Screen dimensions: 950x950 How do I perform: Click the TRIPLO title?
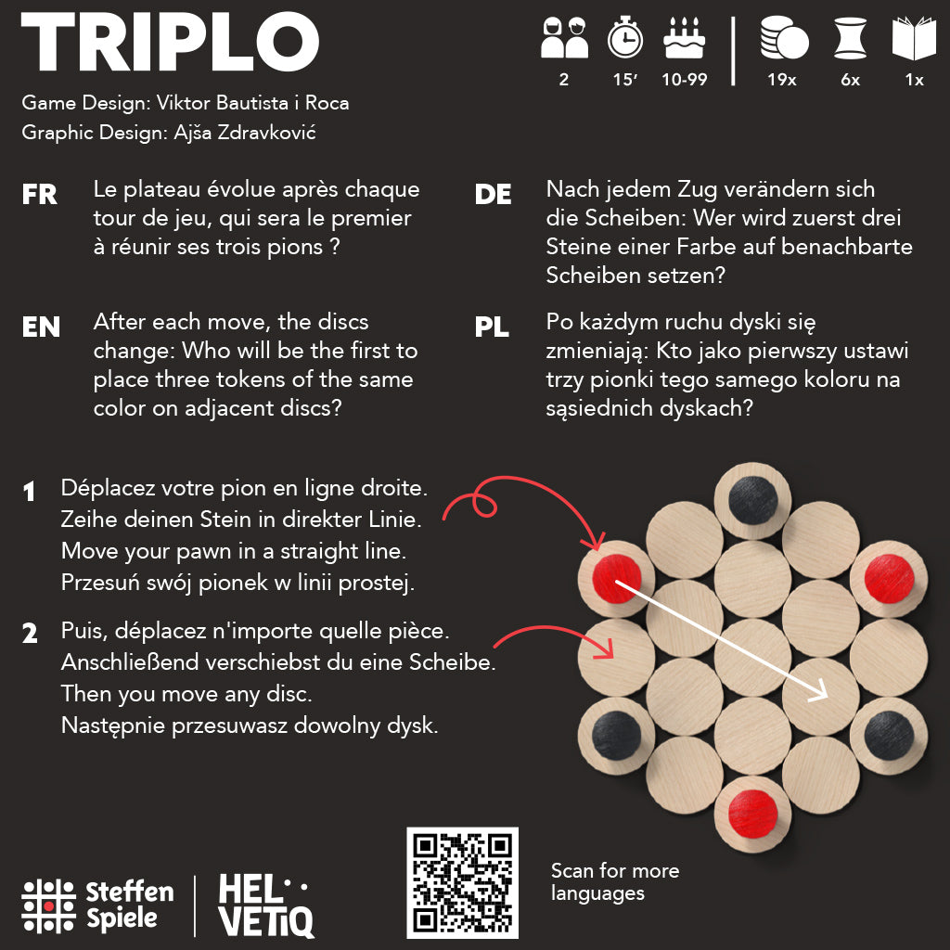170,45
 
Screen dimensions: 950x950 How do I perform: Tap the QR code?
462,882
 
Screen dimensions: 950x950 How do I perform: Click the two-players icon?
564,39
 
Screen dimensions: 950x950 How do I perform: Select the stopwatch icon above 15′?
624,38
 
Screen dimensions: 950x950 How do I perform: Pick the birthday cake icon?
685,39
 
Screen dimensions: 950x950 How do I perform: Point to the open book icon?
914,39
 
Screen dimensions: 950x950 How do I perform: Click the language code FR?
40,195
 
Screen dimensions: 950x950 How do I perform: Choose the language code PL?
492,327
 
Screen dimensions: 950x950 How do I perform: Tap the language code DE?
493,195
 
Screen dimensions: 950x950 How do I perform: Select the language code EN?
41,327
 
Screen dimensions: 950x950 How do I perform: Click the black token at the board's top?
752,500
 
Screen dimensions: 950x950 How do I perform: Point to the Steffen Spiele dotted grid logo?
48,905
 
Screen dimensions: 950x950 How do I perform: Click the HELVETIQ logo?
265,905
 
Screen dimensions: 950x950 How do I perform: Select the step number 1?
31,493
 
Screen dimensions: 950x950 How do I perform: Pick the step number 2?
31,635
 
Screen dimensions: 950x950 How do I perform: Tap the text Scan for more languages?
614,882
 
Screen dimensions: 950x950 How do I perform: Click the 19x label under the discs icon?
781,80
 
